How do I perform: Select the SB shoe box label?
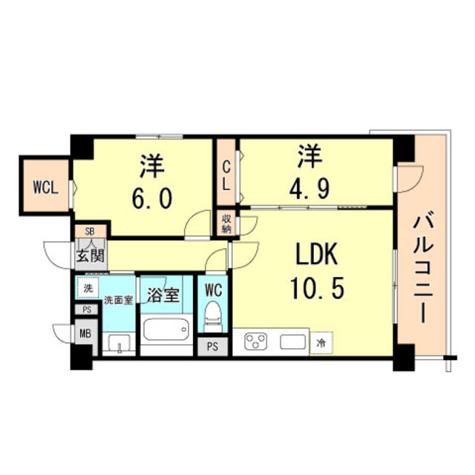pyautogui.click(x=90, y=231)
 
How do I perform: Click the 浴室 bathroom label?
pyautogui.click(x=164, y=293)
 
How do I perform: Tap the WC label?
pyautogui.click(x=213, y=286)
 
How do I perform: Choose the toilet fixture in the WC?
pyautogui.click(x=213, y=318)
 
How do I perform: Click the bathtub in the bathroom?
pyautogui.click(x=166, y=329)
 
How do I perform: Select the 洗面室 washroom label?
pyautogui.click(x=119, y=301)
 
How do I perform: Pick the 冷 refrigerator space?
pyautogui.click(x=321, y=342)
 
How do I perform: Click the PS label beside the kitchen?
pyautogui.click(x=213, y=347)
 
